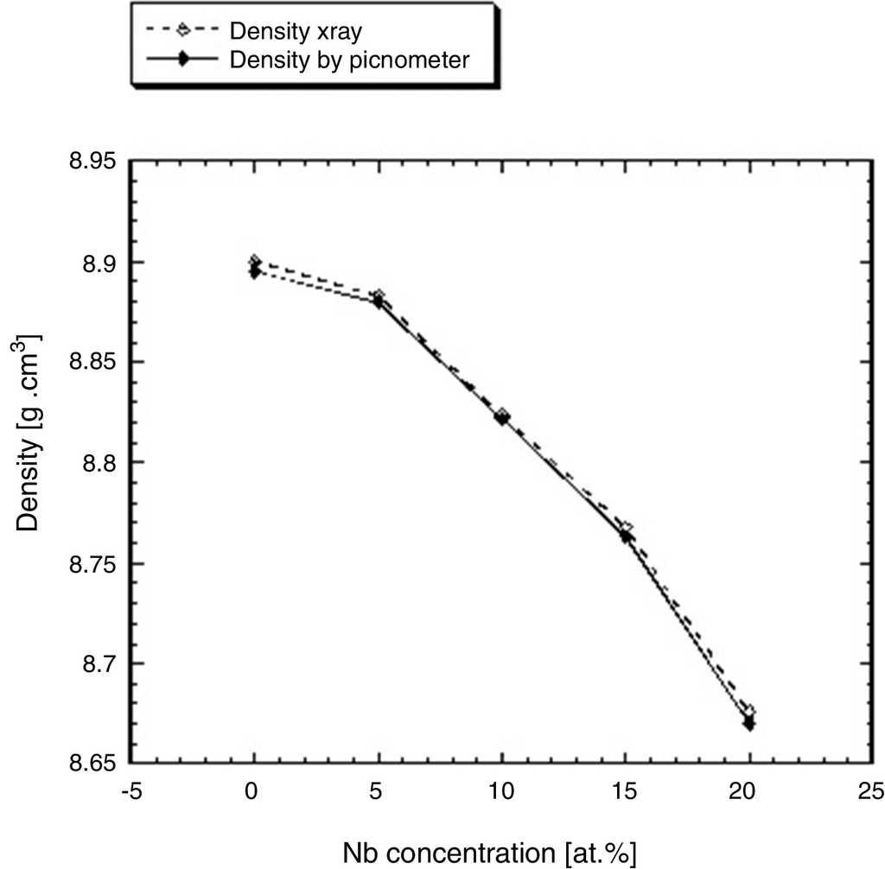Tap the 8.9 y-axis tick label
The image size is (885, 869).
tap(99, 263)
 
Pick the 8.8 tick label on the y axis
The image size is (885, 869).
tap(99, 463)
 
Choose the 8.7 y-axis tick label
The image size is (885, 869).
tap(99, 663)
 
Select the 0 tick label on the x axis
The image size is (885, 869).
tap(254, 793)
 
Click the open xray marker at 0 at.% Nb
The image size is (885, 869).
tap(254, 261)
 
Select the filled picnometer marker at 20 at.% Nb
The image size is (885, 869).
tap(749, 724)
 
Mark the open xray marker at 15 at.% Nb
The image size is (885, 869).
tap(626, 528)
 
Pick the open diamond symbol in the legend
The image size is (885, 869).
tap(181, 30)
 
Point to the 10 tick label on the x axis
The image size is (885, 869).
tap(502, 793)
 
